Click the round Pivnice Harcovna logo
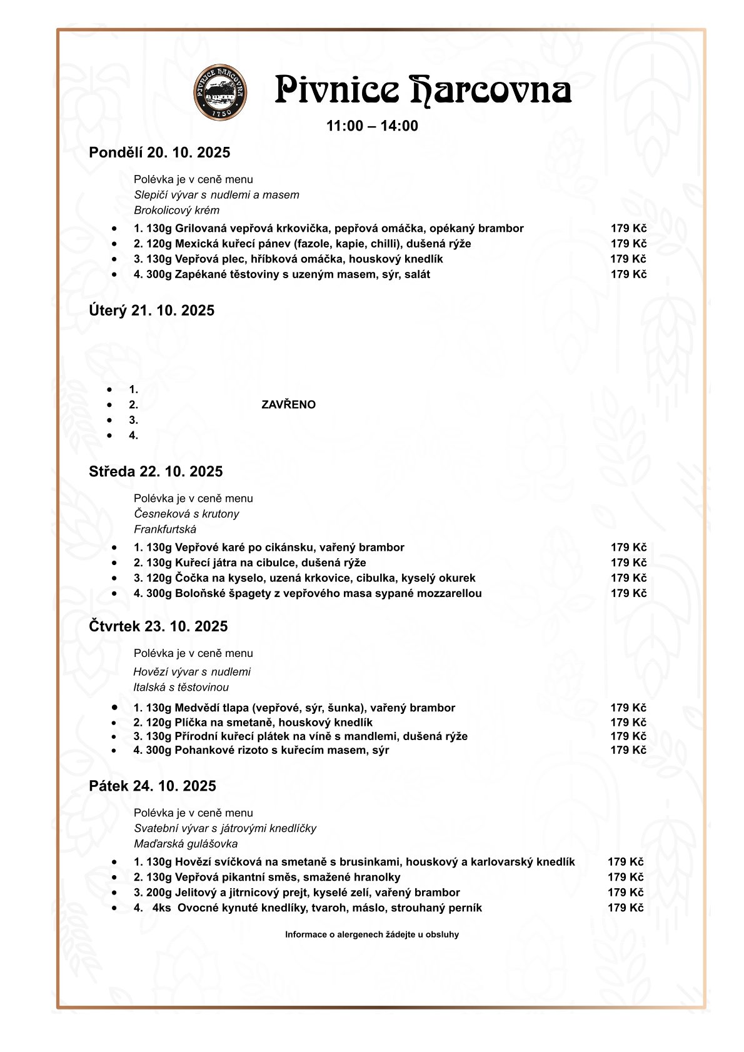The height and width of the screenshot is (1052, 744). pos(220,92)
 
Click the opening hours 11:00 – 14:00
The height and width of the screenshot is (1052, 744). pos(372,126)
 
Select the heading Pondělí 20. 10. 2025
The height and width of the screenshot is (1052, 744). pos(159,153)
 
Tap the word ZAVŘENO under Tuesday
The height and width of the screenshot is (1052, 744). pos(288,405)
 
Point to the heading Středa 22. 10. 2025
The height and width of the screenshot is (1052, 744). pos(156,472)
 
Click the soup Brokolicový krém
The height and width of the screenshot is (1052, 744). pos(176,211)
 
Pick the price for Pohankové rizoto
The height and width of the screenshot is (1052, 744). pos(628,750)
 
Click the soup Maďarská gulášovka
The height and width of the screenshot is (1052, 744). pos(186,844)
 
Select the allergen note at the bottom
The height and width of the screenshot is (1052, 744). pos(372,935)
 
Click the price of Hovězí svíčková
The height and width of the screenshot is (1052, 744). pos(625,863)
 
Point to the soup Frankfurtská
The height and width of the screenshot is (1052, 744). pos(165,529)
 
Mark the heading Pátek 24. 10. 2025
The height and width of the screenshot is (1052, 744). pos(153,786)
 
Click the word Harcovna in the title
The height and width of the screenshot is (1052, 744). pos(491,91)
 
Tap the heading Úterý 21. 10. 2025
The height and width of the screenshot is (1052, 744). pos(151,311)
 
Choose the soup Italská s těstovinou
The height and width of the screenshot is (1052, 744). pos(181,688)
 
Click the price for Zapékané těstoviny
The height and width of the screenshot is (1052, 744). pos(628,274)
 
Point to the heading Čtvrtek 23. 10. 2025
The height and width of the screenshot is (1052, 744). pos(158,627)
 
